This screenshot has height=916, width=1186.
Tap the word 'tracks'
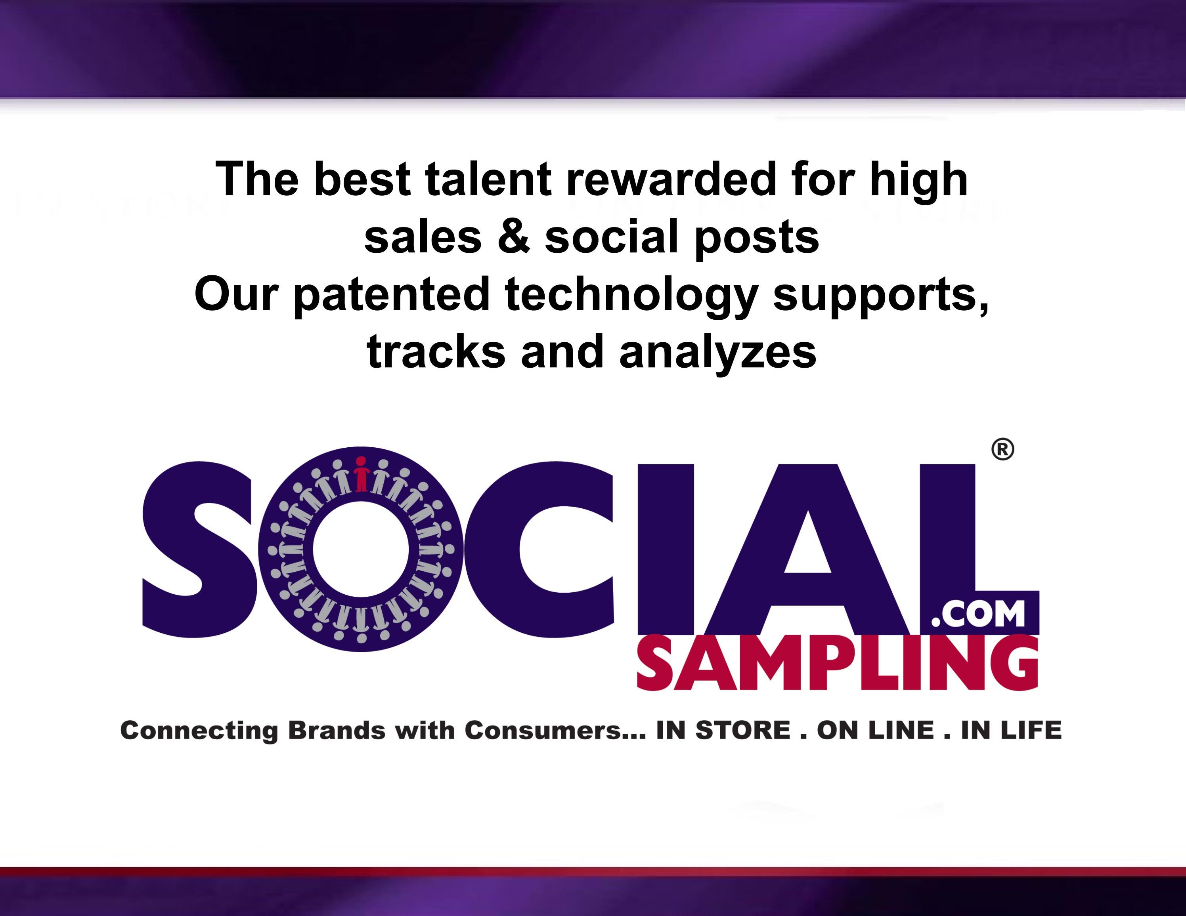coord(436,352)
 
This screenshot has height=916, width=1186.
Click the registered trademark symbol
coord(1002,449)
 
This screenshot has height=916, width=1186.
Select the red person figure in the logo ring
coord(361,475)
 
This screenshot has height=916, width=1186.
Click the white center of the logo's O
coord(361,549)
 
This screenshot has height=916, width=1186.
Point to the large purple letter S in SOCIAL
coord(198,549)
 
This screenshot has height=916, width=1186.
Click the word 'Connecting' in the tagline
coord(199,731)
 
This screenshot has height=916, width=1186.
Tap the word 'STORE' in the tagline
coord(742,731)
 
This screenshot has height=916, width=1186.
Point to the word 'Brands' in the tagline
coord(336,731)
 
